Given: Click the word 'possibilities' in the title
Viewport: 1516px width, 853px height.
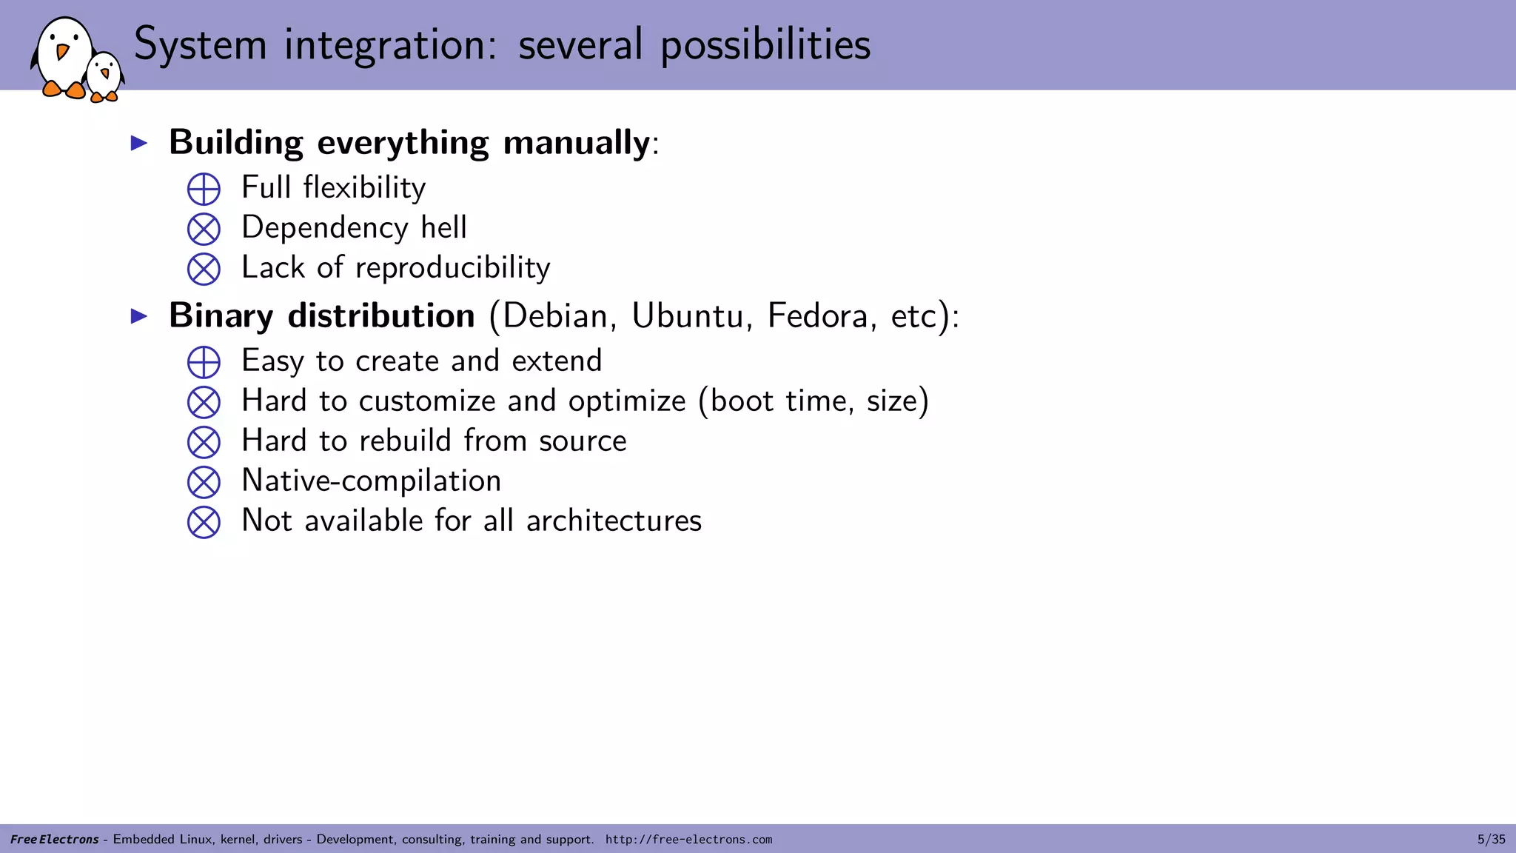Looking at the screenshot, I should (765, 45).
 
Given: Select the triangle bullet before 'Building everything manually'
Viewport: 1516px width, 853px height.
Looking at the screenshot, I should (139, 143).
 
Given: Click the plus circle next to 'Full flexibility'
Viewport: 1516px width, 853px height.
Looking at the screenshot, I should (204, 189).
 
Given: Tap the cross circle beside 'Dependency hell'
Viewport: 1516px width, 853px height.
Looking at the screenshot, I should (204, 229).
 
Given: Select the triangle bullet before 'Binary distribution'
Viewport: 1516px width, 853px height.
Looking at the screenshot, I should (139, 316).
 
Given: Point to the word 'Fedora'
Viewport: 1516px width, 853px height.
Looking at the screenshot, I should (817, 316).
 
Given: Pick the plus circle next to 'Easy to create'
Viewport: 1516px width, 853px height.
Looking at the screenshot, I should (204, 362).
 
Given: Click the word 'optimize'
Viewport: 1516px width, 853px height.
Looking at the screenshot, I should (626, 401).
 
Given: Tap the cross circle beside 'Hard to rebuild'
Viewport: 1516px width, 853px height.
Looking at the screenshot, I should (204, 442).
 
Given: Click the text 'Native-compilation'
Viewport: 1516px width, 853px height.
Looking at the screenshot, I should (371, 481).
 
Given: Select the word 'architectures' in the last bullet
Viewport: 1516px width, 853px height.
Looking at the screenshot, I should (614, 521).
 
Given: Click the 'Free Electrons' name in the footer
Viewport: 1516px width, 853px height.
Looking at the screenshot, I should (54, 839).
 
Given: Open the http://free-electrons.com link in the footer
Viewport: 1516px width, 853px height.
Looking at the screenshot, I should (688, 839).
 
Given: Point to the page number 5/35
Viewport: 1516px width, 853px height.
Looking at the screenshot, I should (1491, 839).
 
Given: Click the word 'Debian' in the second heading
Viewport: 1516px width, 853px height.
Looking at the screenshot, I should (554, 316).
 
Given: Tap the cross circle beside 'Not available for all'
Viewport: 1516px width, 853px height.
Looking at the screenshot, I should (204, 522).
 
